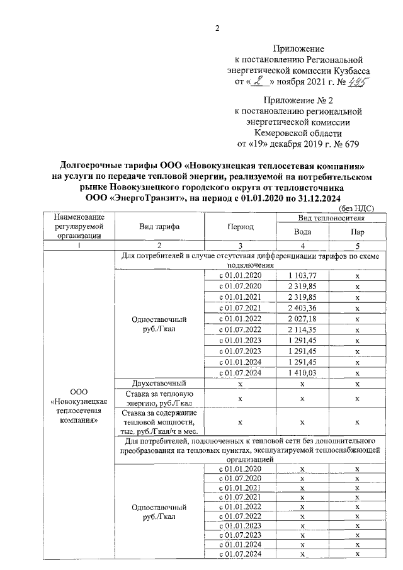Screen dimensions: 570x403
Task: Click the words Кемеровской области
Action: point(298,133)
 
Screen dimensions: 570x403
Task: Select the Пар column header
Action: point(356,231)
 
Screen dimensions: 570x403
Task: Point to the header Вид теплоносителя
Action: point(331,217)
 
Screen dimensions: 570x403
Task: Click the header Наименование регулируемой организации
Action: point(79,226)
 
